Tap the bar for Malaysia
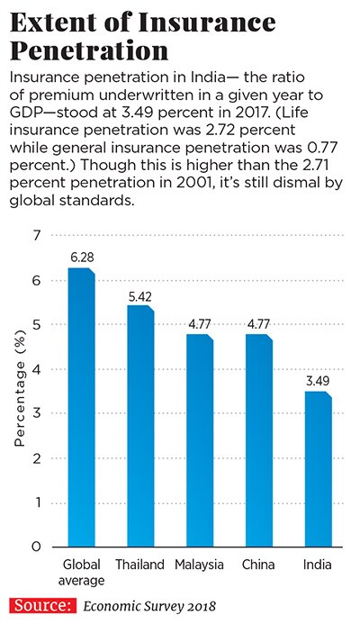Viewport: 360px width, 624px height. tap(198, 441)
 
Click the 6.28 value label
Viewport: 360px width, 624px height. tap(82, 258)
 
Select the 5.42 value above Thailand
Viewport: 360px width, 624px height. tap(139, 295)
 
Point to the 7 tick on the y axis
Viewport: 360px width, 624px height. tap(38, 236)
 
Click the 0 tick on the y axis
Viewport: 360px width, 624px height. tap(38, 547)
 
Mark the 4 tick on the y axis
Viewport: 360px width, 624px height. tap(38, 369)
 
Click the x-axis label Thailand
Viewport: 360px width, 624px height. tap(139, 565)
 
